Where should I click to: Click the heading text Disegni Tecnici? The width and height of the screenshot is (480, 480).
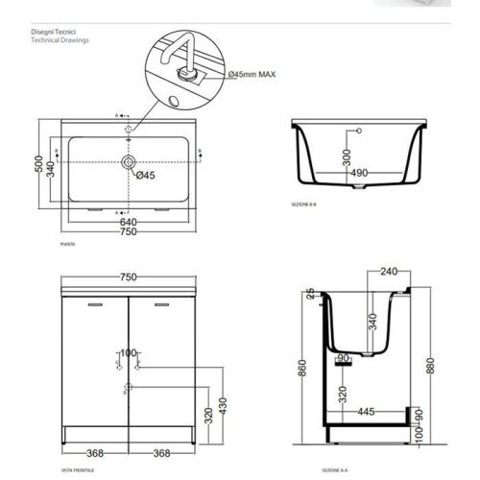(51, 32)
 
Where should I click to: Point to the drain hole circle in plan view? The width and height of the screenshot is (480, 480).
(127, 164)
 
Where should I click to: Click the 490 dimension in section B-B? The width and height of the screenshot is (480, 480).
(359, 173)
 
